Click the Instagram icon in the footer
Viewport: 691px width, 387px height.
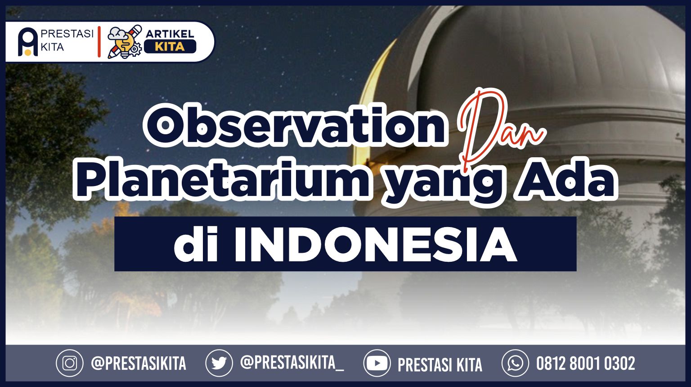tap(70, 363)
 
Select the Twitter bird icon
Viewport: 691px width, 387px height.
tap(219, 363)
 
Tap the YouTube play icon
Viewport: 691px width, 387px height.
tap(377, 363)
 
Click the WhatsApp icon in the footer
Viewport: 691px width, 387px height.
tap(515, 363)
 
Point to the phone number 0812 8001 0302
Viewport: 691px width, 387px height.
tap(585, 364)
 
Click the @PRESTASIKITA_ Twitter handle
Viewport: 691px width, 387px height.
tap(292, 363)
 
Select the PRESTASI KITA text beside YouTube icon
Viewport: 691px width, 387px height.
tap(440, 365)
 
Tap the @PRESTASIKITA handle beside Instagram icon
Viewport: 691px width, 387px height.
tap(139, 363)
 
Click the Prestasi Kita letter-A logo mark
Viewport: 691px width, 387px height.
tap(28, 42)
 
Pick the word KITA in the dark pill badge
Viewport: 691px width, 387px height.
tap(170, 47)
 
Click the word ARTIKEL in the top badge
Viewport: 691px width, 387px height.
tap(170, 34)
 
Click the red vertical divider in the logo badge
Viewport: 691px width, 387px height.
tap(99, 42)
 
